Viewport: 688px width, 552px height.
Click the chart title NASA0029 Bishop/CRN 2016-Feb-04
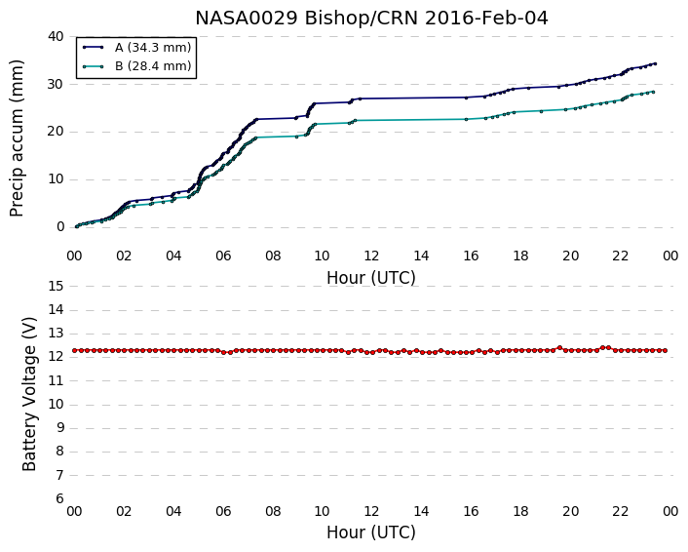[x=371, y=19]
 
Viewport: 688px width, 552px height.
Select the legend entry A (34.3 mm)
[x=153, y=48]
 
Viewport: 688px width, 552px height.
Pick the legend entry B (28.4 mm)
[x=153, y=66]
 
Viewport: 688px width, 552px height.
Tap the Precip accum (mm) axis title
[x=17, y=138]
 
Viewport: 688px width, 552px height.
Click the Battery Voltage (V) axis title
[x=29, y=394]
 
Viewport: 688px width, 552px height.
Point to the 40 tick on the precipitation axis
[x=56, y=36]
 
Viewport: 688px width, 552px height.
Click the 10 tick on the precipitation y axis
[x=56, y=179]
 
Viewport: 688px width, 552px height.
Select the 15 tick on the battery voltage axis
[x=56, y=287]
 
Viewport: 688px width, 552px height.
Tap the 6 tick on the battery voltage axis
[x=59, y=499]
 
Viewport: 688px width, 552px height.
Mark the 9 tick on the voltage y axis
[x=59, y=428]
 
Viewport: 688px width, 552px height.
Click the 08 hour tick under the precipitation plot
[x=273, y=256]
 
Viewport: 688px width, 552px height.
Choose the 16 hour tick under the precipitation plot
[x=471, y=256]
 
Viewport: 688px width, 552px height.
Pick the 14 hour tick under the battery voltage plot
[x=421, y=511]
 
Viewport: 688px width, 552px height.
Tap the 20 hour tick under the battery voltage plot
[x=570, y=511]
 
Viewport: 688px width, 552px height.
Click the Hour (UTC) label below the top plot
[x=371, y=278]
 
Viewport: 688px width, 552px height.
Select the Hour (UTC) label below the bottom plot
[x=371, y=532]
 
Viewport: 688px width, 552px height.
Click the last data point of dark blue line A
[x=655, y=63]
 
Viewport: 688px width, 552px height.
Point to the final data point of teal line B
[x=653, y=92]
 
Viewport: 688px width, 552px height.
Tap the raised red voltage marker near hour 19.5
[x=559, y=348]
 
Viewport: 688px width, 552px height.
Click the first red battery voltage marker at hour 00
[x=75, y=350]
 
